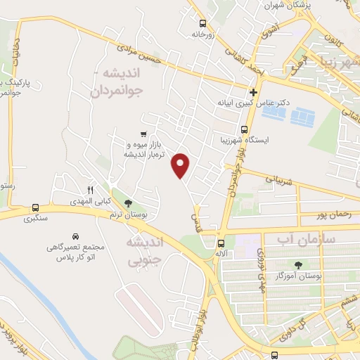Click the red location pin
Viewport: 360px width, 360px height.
tap(181, 165)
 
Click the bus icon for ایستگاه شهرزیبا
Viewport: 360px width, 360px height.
tap(244, 129)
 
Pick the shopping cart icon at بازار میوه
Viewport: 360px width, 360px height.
tap(143, 134)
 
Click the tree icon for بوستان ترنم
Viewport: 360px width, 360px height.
tap(127, 203)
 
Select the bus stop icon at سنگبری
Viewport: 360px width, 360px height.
tap(35, 207)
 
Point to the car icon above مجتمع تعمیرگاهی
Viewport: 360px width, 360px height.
tap(76, 236)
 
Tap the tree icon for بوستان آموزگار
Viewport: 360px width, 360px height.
tap(300, 265)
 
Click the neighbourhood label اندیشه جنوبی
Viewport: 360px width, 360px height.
tap(144, 251)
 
